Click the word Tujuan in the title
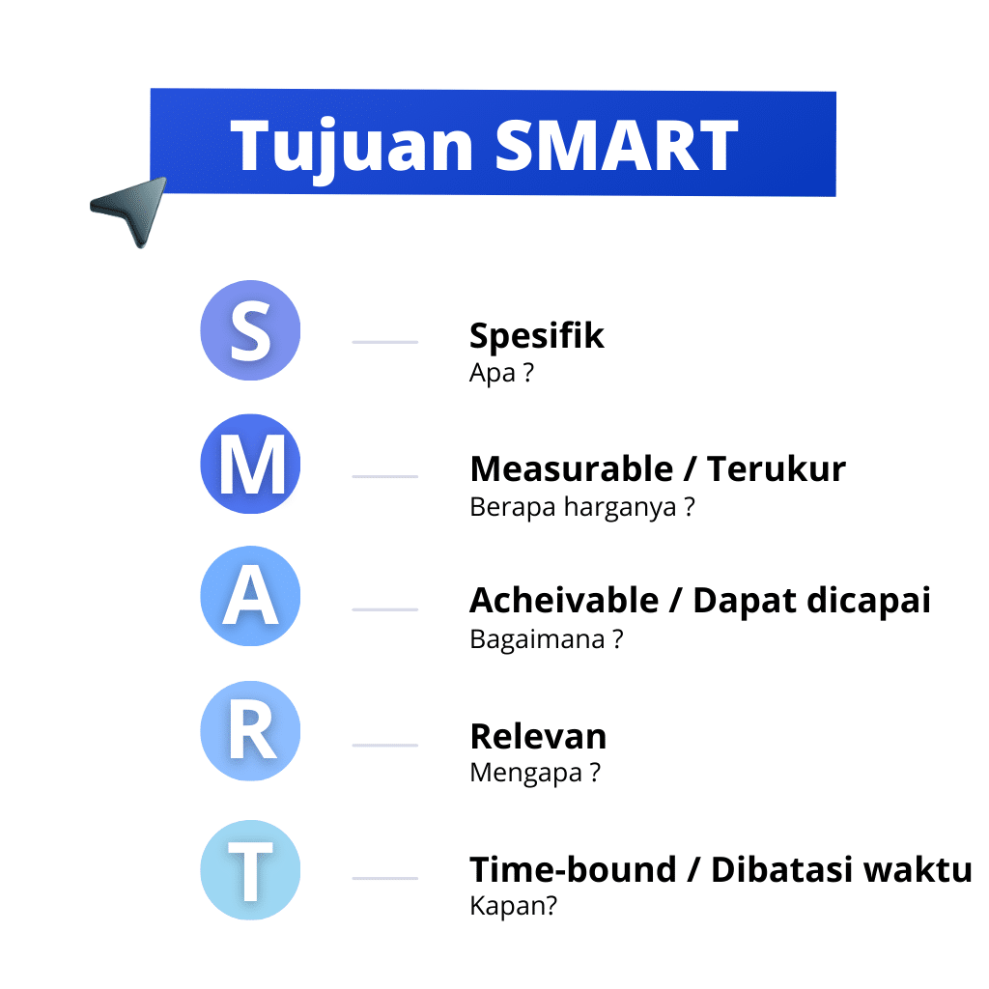pos(353,146)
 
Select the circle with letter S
pos(250,330)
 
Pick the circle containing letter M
pos(250,465)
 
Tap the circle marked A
pos(250,597)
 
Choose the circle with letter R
pos(250,731)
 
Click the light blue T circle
pos(250,869)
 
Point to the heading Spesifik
pos(537,336)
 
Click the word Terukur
pos(777,469)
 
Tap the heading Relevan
pos(538,737)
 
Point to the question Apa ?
pos(501,374)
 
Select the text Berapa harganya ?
pos(581,507)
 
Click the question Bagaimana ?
pos(546,638)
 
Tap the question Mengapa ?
pos(535,773)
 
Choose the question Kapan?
pos(513,907)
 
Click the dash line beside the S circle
pos(384,342)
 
